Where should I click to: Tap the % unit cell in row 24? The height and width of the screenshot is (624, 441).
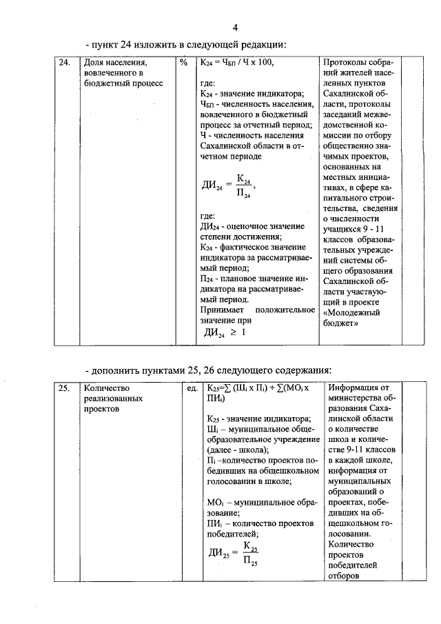pos(183,63)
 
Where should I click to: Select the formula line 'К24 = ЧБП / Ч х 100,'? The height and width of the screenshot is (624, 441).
pos(237,63)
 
